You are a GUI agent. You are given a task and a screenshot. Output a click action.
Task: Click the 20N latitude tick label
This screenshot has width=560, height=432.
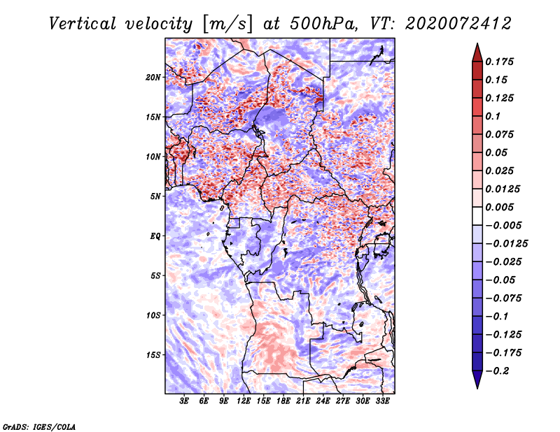(153, 78)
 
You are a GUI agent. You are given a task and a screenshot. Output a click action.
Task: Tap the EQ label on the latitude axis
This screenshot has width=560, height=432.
(155, 236)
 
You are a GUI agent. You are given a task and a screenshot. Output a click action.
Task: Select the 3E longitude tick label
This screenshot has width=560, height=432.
(184, 401)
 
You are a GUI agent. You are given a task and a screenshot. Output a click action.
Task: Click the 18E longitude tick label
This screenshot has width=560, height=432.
(283, 401)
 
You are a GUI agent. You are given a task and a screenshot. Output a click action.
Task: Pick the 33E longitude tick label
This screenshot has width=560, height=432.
(382, 401)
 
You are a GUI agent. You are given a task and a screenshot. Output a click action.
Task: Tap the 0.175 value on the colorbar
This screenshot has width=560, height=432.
(499, 62)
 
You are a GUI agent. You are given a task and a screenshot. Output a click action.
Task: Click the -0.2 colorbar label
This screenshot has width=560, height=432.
(497, 371)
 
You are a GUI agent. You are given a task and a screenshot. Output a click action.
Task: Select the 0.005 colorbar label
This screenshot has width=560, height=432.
(499, 207)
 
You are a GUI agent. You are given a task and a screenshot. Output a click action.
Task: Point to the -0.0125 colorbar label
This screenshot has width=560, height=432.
(506, 244)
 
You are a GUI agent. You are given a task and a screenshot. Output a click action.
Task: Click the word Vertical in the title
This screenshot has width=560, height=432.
(83, 24)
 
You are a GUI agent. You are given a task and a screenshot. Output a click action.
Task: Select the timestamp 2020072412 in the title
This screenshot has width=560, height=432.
(458, 24)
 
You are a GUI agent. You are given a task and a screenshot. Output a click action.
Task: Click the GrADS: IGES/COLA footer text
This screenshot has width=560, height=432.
(39, 426)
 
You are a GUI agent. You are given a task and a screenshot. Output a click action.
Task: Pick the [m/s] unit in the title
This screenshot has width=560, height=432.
(227, 24)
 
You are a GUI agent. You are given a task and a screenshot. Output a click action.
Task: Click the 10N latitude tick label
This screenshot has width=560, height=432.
(153, 157)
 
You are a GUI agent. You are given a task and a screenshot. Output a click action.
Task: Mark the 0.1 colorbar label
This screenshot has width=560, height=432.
(493, 116)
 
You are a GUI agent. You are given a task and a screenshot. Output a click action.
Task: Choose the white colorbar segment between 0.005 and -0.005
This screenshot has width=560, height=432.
(477, 216)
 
